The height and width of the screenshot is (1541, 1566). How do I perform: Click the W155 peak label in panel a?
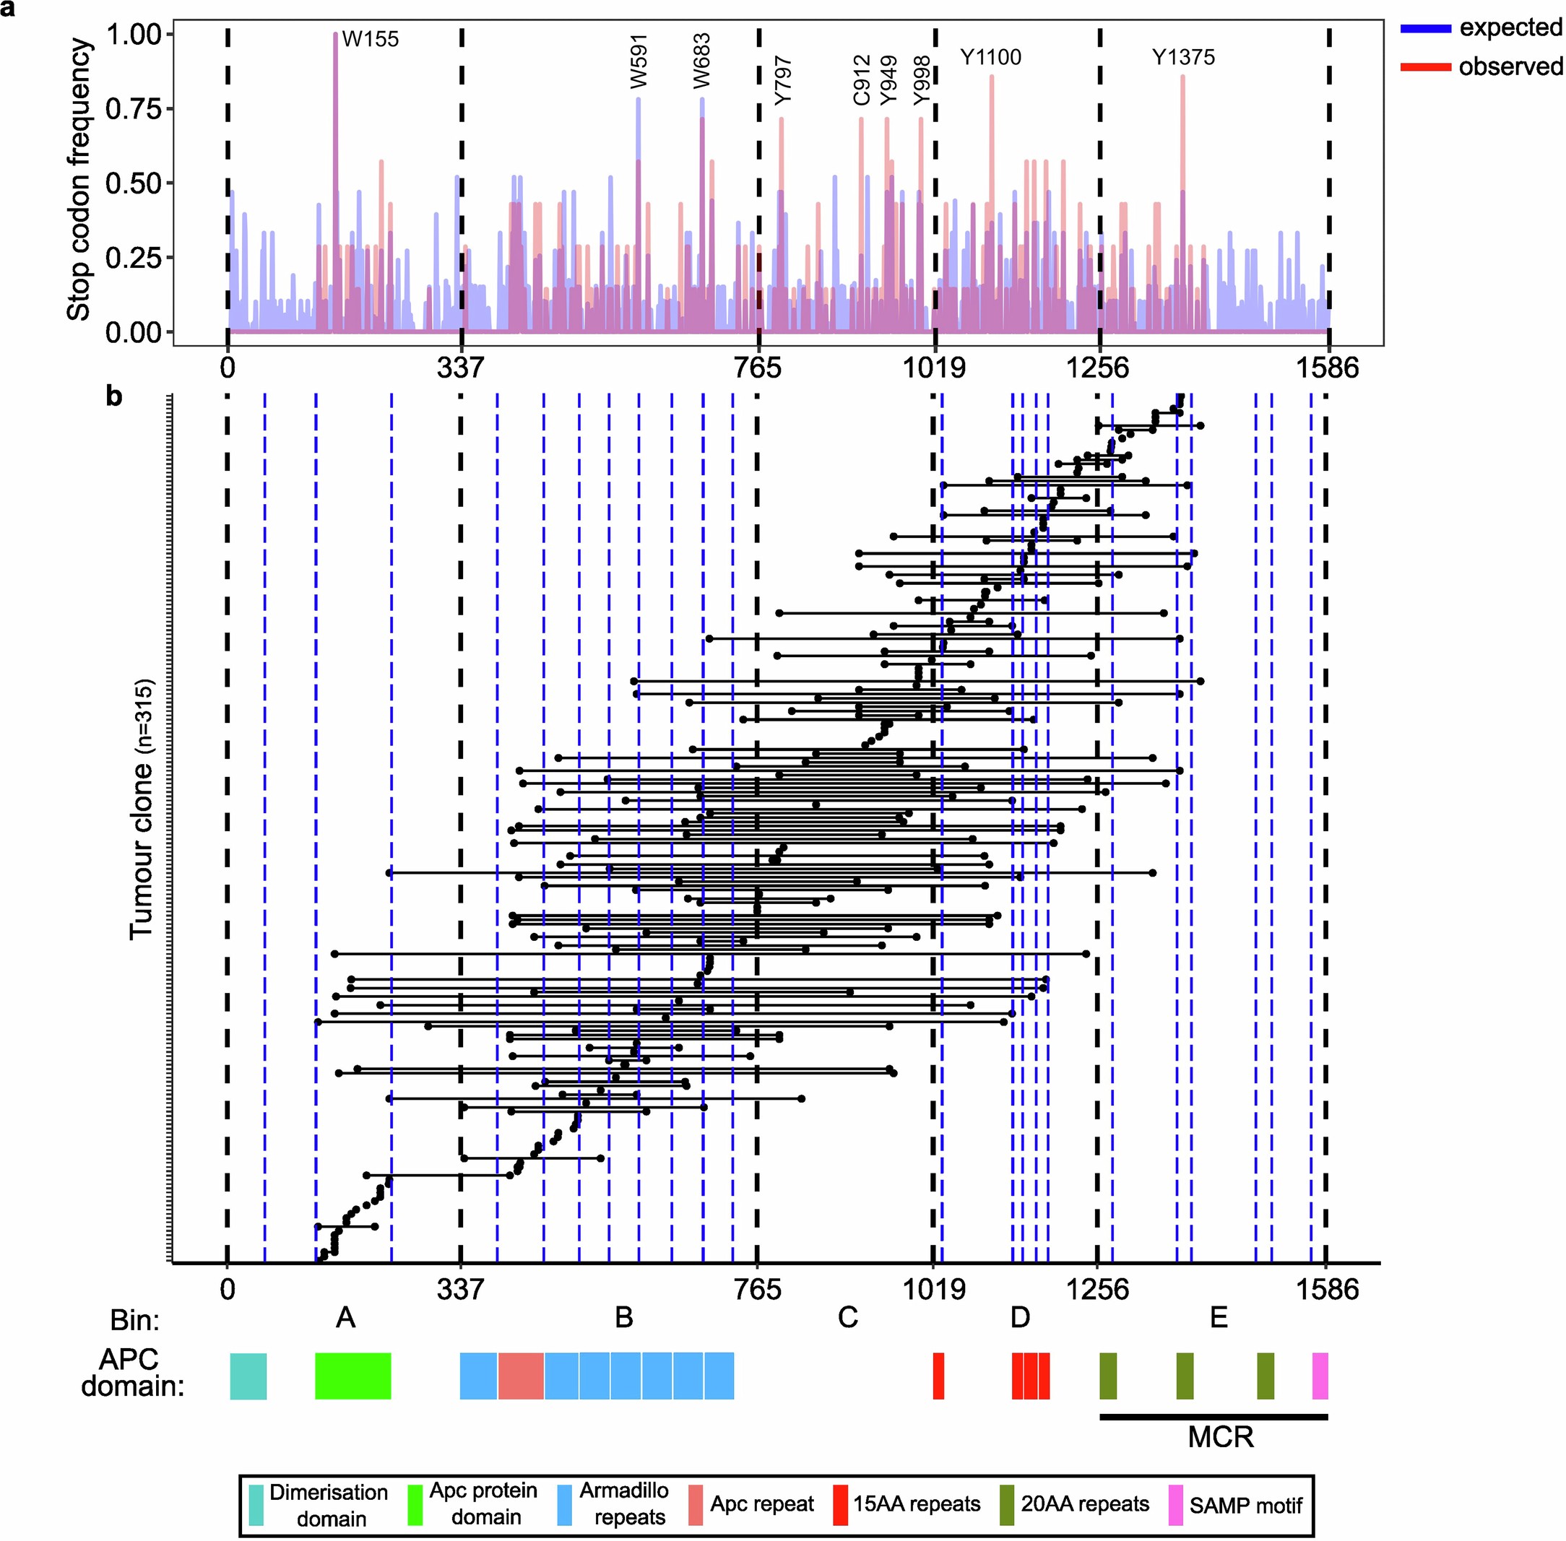pyautogui.click(x=370, y=39)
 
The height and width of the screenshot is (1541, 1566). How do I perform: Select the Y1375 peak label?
pyautogui.click(x=1183, y=58)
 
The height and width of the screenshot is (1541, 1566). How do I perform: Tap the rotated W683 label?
pyautogui.click(x=701, y=61)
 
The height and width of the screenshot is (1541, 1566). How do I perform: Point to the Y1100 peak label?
pyautogui.click(x=990, y=58)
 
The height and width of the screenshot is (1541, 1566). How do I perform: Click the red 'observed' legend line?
pyautogui.click(x=1424, y=67)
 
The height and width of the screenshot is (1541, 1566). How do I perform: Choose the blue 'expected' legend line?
pyautogui.click(x=1424, y=28)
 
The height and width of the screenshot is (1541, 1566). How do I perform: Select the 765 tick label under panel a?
pyautogui.click(x=757, y=369)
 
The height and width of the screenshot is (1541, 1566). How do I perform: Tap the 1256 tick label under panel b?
pyautogui.click(x=1096, y=1288)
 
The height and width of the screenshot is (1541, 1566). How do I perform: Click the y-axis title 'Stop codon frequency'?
pyautogui.click(x=79, y=181)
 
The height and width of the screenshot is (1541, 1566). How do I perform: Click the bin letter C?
pyautogui.click(x=847, y=1319)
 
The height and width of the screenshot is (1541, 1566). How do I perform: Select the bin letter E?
pyautogui.click(x=1218, y=1319)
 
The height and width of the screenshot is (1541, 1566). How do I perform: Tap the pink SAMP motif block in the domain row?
pyautogui.click(x=1320, y=1376)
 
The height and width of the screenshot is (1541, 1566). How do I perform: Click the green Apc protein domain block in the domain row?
pyautogui.click(x=352, y=1376)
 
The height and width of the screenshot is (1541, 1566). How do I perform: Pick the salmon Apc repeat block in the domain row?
pyautogui.click(x=520, y=1376)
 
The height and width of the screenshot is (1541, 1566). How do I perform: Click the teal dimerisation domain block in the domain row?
pyautogui.click(x=248, y=1376)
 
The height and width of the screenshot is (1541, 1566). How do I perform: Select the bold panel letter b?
pyautogui.click(x=115, y=396)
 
